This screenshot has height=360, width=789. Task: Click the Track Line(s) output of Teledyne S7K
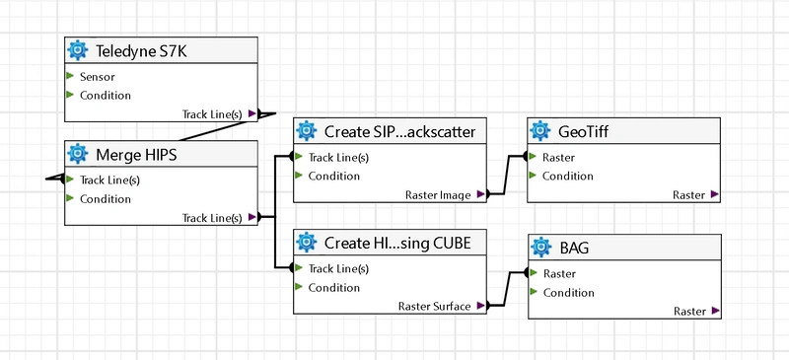coord(212,114)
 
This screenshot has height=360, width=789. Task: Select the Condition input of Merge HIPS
coord(105,199)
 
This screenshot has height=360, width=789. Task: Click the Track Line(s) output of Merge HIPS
coord(212,218)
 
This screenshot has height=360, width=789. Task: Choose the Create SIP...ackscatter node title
coord(400,132)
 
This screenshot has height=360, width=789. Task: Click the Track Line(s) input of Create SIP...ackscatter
coord(338,157)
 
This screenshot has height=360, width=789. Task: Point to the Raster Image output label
coord(439,195)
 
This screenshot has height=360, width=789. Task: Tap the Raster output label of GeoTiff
coord(689,195)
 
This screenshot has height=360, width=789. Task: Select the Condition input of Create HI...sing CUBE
coord(333,288)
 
